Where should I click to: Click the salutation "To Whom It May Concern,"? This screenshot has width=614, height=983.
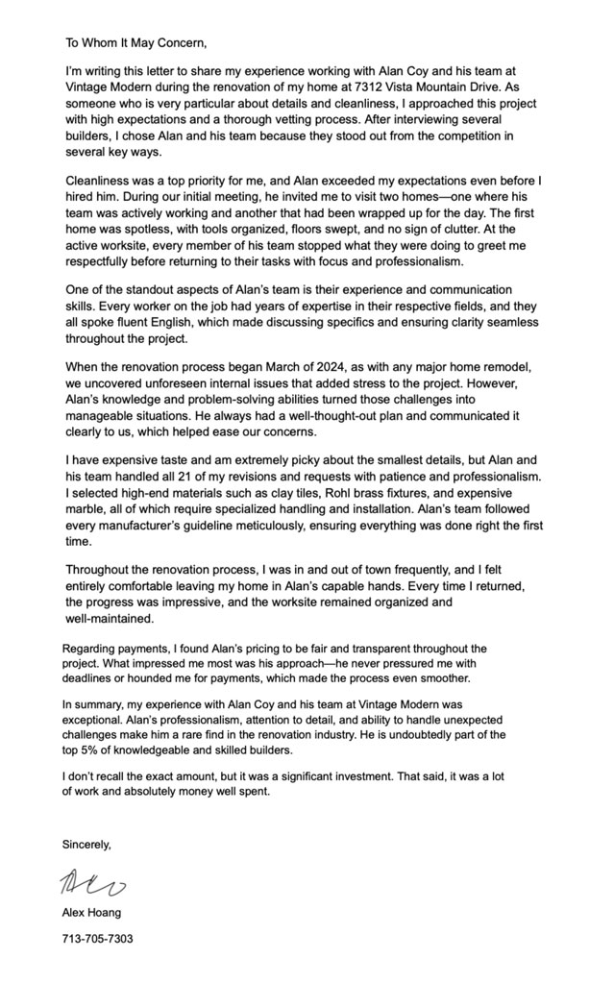coord(135,42)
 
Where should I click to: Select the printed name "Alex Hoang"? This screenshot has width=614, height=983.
coord(92,912)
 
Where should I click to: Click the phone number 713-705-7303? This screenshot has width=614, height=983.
coord(98,938)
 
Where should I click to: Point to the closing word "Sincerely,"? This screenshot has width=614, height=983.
coord(86,845)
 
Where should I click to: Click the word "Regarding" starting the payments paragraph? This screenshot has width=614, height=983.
coord(92,649)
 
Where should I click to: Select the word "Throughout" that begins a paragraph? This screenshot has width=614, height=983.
coord(105,569)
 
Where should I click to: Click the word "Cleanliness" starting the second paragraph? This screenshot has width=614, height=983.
coord(104,181)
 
